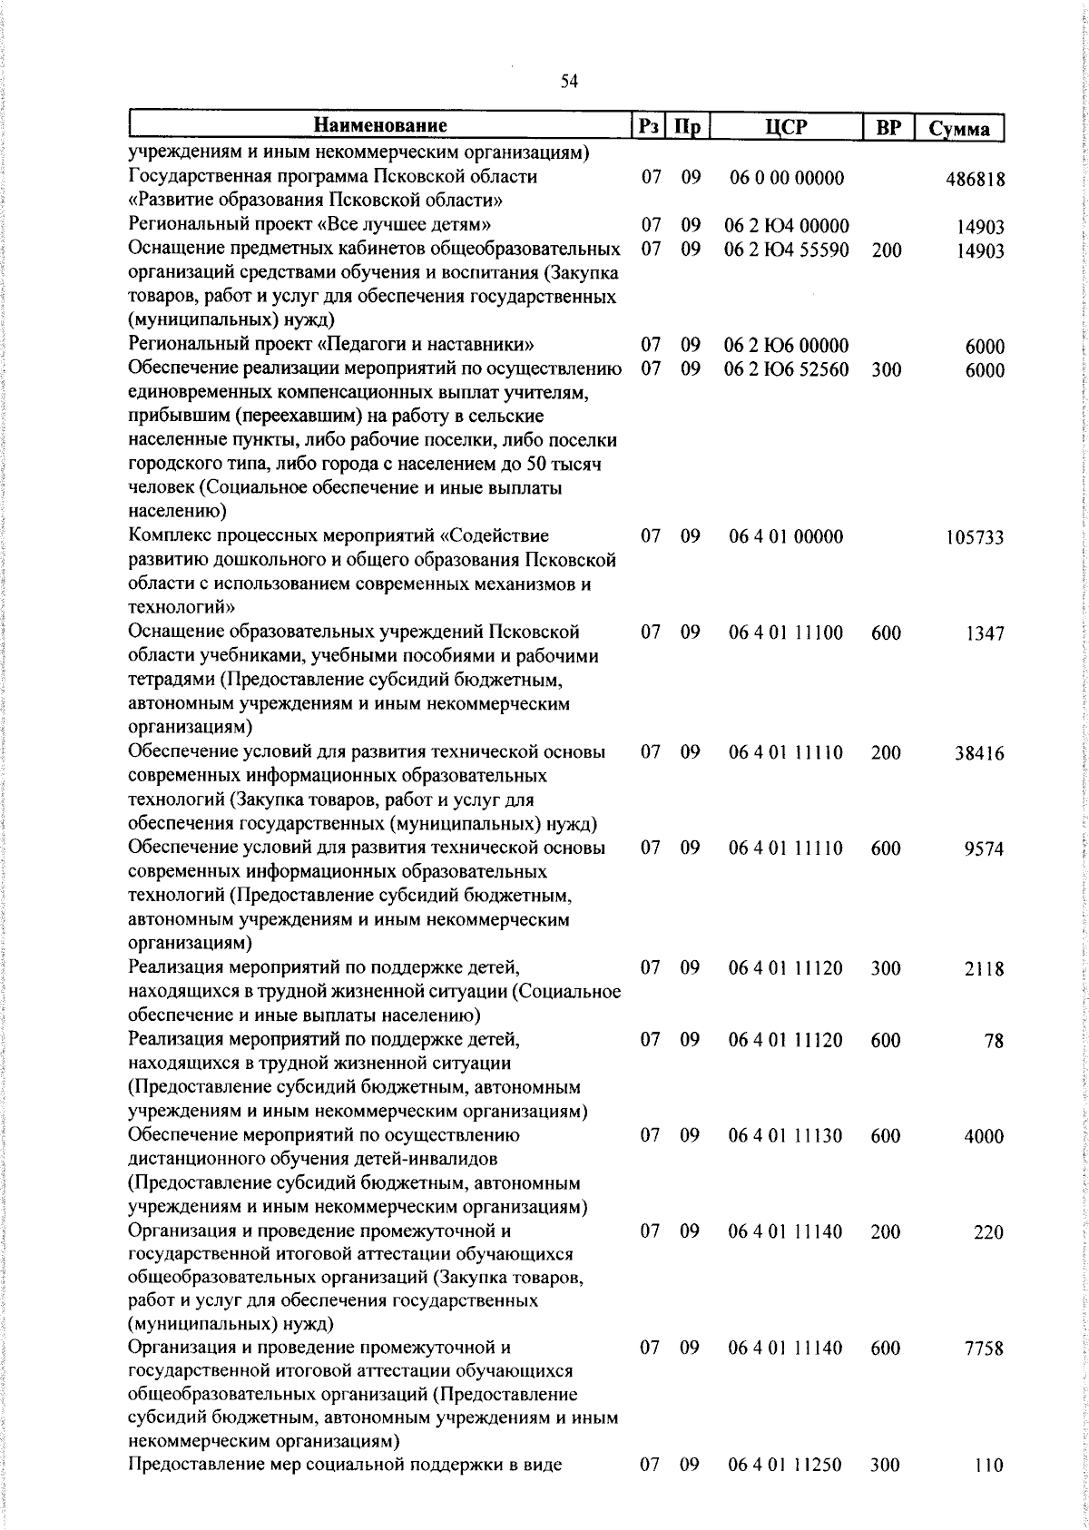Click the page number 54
(569, 82)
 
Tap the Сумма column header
(959, 128)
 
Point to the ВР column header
(888, 127)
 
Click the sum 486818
(976, 179)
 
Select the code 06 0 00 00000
(787, 178)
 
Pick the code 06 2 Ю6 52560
(786, 369)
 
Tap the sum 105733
(976, 538)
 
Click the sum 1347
(985, 633)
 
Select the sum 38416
(979, 753)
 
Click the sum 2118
(985, 969)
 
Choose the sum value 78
(995, 1041)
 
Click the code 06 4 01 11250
(786, 1464)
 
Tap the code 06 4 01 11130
(786, 1135)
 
